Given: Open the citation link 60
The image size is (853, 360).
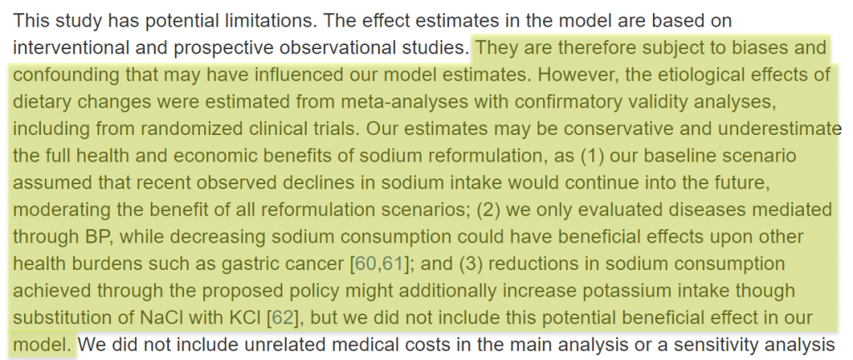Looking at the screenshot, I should coord(365,265).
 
